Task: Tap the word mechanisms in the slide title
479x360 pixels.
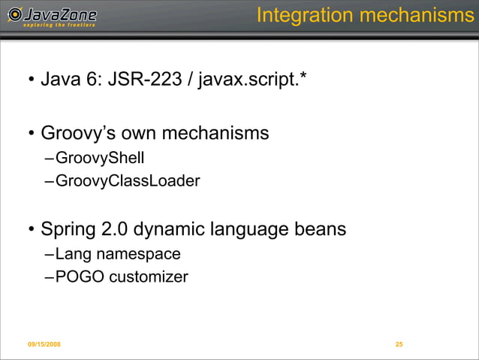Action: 417,15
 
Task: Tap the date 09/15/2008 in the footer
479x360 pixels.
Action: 44,344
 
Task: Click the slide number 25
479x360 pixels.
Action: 399,344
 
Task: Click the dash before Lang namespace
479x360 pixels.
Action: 49,254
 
